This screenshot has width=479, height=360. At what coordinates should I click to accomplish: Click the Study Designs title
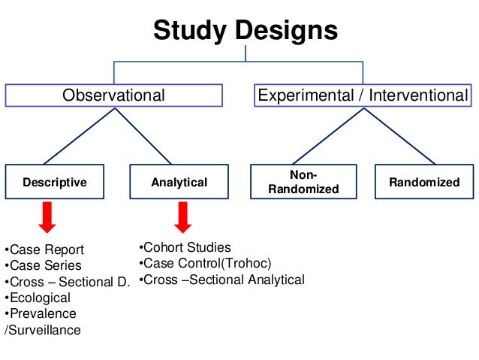[246, 31]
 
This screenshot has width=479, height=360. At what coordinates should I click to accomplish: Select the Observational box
[113, 95]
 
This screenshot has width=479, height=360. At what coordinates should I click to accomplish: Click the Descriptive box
[55, 182]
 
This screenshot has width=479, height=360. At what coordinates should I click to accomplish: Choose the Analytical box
[179, 182]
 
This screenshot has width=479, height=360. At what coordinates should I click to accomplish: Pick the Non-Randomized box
[303, 182]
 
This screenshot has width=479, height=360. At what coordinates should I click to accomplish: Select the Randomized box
[424, 182]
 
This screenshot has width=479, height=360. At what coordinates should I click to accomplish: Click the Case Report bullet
[45, 250]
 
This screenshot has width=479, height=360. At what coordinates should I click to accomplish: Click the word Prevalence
[43, 313]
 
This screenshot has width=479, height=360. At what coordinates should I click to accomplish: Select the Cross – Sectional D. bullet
[68, 282]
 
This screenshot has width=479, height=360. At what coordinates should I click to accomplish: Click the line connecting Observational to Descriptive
[80, 135]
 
